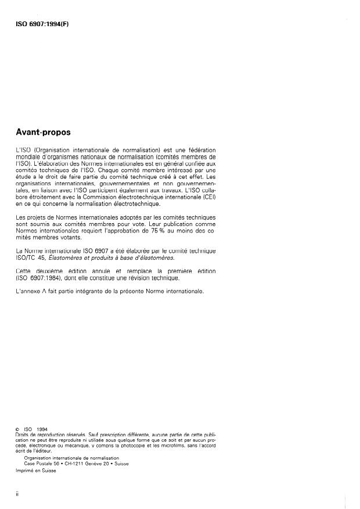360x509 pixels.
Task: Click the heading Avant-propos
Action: [43, 132]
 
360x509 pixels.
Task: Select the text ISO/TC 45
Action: [31, 257]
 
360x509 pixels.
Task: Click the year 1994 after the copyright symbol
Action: [41, 429]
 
